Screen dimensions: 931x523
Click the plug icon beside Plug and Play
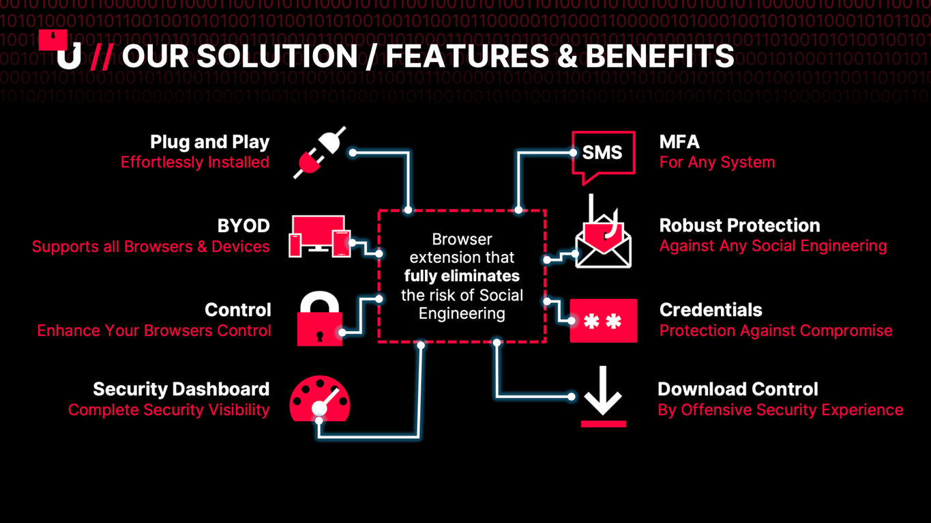click(x=320, y=153)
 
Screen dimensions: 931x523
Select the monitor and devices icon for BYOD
click(x=320, y=236)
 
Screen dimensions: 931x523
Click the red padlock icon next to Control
click(x=320, y=319)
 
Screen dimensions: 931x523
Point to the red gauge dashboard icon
click(x=320, y=399)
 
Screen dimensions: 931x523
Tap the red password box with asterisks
click(x=604, y=321)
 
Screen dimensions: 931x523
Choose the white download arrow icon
click(x=604, y=397)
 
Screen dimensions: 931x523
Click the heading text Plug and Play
click(x=210, y=142)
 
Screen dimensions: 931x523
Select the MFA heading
click(x=679, y=142)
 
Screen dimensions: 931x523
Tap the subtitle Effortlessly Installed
click(x=195, y=162)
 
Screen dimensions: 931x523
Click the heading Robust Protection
click(x=740, y=225)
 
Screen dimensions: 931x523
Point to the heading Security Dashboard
click(x=181, y=389)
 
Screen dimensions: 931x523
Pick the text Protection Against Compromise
click(x=776, y=330)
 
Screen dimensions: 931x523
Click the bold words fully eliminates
click(x=462, y=276)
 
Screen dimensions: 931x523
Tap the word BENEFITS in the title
click(x=660, y=56)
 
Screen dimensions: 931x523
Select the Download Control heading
click(x=738, y=389)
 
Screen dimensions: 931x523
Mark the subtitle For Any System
click(x=718, y=162)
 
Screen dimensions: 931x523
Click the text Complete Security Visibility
click(x=168, y=410)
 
